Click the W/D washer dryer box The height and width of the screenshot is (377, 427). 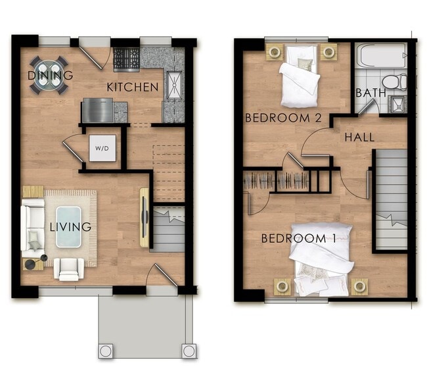click(x=102, y=148)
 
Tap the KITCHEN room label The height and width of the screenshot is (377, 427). click(x=133, y=88)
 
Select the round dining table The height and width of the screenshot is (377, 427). click(x=49, y=74)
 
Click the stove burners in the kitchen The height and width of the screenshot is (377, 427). click(x=127, y=58)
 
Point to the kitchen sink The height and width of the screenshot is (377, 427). click(x=174, y=85)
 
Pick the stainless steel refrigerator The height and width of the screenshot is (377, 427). click(x=97, y=110)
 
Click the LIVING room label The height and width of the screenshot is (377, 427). click(x=70, y=227)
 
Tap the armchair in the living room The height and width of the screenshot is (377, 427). click(x=69, y=269)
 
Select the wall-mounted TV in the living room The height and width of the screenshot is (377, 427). click(x=144, y=217)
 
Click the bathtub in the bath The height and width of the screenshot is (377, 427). click(x=381, y=56)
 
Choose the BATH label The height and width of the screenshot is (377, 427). click(x=371, y=93)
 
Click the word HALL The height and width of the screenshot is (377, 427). click(x=359, y=138)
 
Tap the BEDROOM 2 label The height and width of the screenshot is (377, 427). click(x=284, y=118)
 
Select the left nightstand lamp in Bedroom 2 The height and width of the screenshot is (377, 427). click(x=275, y=51)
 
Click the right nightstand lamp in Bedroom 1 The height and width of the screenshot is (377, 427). click(x=359, y=286)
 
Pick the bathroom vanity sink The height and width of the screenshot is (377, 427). click(x=397, y=104)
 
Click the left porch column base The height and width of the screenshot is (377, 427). click(x=106, y=351)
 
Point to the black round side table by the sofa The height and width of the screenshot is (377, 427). click(x=44, y=258)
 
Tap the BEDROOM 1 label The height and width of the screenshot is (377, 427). click(x=299, y=239)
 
